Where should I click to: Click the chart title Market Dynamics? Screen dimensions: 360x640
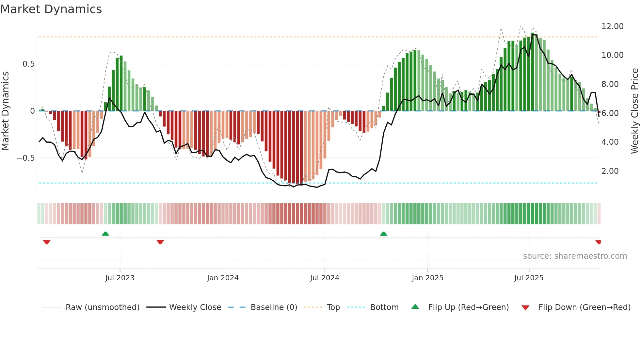(x=51, y=9)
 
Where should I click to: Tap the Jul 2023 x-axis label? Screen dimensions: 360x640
(x=120, y=278)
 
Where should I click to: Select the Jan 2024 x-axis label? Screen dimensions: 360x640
(x=223, y=278)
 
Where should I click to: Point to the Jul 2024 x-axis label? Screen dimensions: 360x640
(x=325, y=278)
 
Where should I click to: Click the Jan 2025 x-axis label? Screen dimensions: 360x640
(x=427, y=278)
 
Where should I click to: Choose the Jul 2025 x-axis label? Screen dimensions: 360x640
(x=529, y=278)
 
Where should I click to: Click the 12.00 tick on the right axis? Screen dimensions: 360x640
(x=612, y=26)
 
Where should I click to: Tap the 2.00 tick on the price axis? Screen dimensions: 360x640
(x=610, y=171)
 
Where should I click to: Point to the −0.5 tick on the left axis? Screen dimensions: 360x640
(x=25, y=158)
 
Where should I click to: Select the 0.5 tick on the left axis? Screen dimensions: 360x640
(x=28, y=64)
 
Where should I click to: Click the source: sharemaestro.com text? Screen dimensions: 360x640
(x=575, y=256)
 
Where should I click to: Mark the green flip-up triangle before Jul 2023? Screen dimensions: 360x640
(x=105, y=234)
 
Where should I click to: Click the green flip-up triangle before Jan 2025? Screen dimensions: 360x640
(x=384, y=234)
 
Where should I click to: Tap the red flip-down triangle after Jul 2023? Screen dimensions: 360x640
(x=160, y=242)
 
